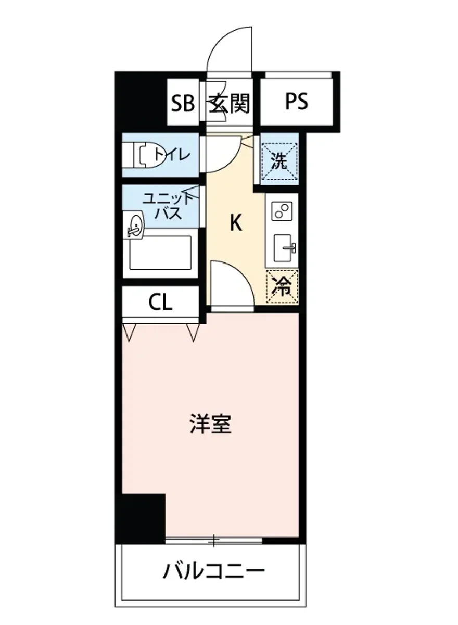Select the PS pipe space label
pyautogui.click(x=297, y=101)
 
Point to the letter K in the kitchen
pyautogui.click(x=236, y=223)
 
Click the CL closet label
pyautogui.click(x=160, y=302)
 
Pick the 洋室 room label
pyautogui.click(x=210, y=425)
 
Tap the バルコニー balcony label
pyautogui.click(x=214, y=573)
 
